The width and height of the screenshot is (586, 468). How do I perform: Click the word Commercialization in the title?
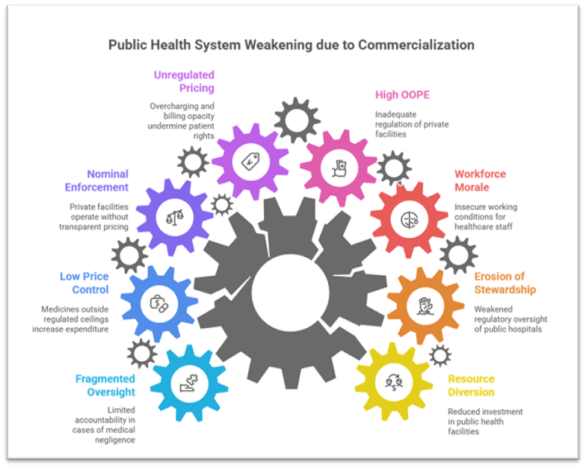(416, 45)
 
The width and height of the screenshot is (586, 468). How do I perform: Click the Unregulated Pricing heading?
(184, 81)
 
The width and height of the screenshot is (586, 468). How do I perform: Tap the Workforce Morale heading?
(481, 182)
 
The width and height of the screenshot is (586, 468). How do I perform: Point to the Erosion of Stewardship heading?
(505, 283)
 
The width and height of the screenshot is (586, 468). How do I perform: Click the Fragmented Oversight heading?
(105, 386)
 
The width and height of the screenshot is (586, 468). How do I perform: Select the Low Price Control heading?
(84, 283)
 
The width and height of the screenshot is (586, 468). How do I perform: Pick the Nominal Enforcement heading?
(98, 182)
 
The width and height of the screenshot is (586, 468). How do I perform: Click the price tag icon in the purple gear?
(249, 161)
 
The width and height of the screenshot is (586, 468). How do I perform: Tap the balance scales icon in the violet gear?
(173, 217)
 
